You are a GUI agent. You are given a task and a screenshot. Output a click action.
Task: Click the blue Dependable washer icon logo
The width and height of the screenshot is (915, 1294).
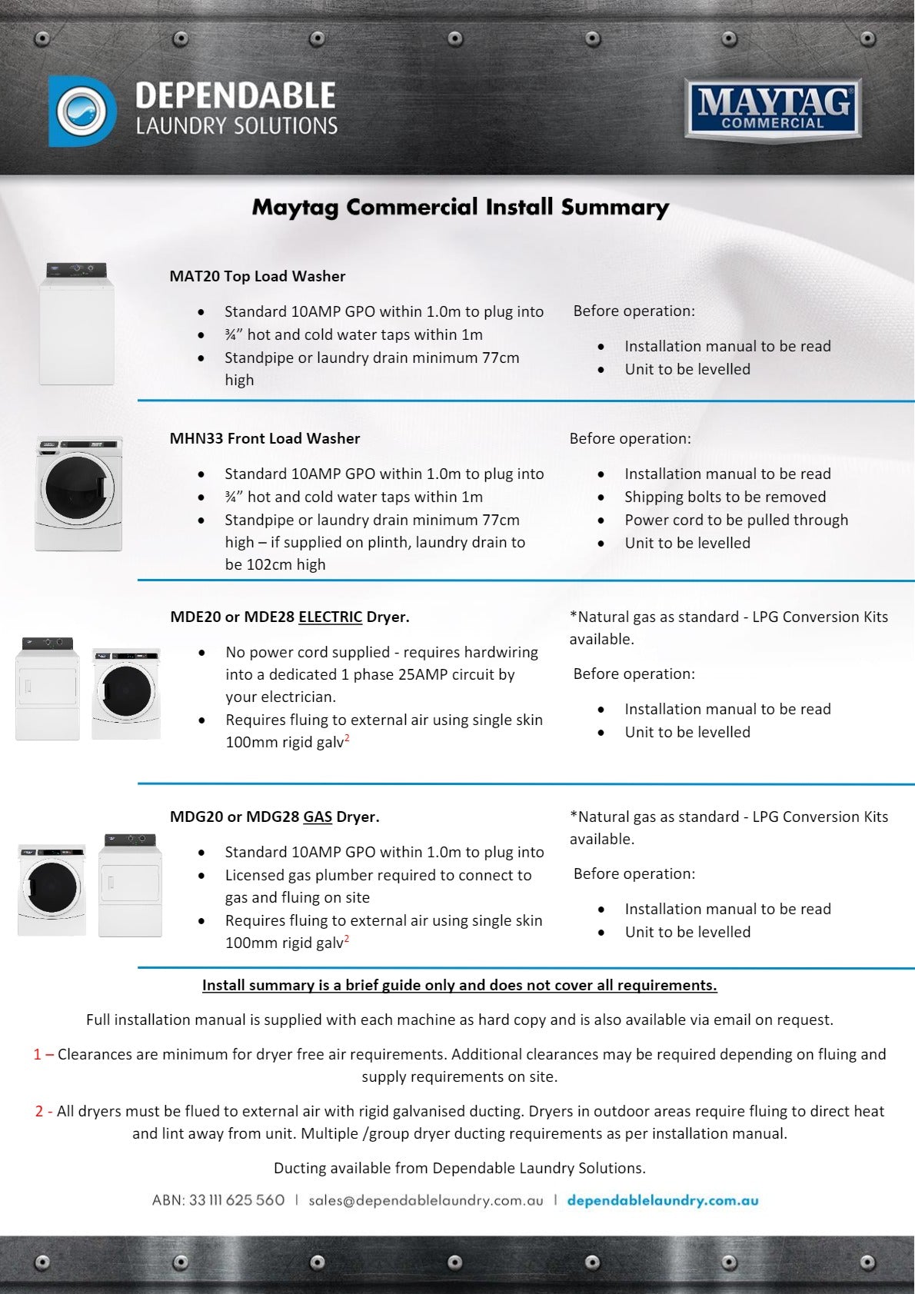click(82, 111)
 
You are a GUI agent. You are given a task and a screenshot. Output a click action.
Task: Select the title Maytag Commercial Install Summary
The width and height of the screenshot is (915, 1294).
click(460, 207)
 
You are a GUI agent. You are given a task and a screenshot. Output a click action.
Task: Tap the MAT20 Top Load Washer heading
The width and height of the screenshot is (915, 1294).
click(257, 276)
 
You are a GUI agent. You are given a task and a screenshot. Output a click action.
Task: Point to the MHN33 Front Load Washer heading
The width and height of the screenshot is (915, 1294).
click(265, 438)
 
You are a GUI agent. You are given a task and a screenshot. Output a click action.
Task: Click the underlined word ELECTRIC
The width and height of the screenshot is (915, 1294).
click(330, 617)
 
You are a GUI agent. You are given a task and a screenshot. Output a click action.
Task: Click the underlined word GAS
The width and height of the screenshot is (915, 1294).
click(318, 817)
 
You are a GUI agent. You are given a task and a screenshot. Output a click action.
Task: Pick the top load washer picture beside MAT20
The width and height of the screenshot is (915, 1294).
click(77, 324)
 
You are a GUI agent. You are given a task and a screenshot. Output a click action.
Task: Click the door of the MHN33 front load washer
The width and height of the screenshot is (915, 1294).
click(78, 488)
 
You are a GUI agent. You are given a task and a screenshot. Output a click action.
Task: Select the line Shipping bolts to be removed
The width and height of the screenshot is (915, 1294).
click(724, 497)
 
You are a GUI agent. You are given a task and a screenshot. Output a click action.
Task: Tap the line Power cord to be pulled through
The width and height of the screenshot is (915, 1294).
click(736, 520)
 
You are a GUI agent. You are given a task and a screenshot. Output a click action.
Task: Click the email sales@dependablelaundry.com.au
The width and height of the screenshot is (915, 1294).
click(425, 1200)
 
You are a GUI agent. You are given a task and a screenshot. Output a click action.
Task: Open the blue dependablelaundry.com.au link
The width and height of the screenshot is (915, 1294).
click(663, 1200)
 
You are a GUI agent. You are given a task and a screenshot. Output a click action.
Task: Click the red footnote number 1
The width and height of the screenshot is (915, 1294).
click(38, 1054)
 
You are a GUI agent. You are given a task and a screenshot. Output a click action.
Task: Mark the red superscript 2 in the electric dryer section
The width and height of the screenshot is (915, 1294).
click(347, 738)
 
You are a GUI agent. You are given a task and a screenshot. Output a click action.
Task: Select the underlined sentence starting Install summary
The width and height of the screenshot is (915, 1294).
click(459, 985)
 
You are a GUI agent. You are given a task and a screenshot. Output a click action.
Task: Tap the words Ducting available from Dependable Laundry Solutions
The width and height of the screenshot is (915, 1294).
click(459, 1168)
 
